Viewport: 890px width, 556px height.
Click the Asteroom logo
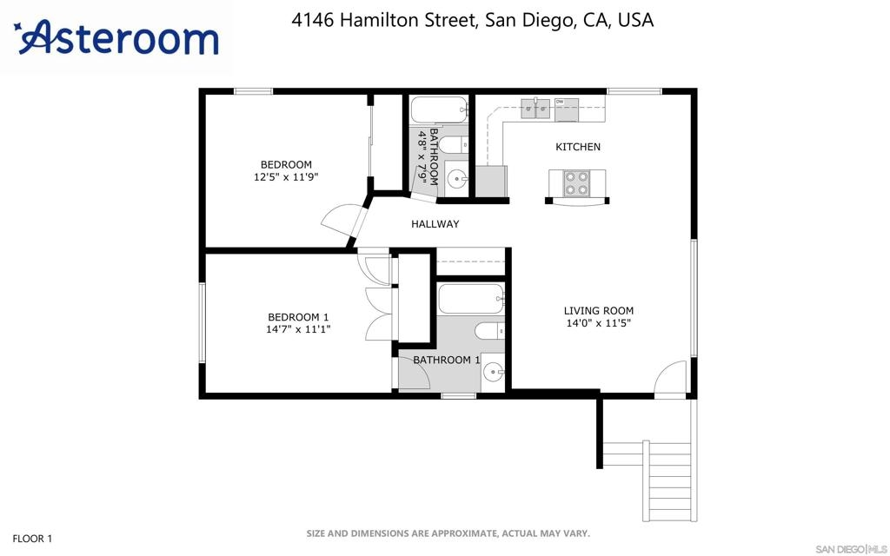click(116, 38)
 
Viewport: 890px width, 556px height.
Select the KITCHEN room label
click(578, 147)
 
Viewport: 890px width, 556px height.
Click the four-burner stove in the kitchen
click(576, 183)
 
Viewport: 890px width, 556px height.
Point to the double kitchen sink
click(535, 109)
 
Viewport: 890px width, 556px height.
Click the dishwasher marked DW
click(567, 110)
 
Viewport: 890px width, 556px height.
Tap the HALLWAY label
click(435, 224)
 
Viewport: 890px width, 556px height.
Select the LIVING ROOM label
click(599, 311)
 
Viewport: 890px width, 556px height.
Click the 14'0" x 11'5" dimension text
click(599, 323)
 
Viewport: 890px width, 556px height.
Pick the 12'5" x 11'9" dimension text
click(286, 177)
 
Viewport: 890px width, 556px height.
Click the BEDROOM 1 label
click(299, 317)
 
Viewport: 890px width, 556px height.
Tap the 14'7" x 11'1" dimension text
click(299, 329)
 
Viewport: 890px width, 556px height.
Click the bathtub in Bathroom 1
click(471, 299)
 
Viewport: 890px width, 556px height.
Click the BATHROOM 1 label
click(446, 360)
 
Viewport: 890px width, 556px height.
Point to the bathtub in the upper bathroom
click(439, 109)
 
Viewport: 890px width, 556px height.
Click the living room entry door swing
click(670, 377)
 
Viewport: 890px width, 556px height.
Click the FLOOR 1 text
click(32, 539)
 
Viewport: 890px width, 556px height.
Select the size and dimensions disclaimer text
click(448, 533)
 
